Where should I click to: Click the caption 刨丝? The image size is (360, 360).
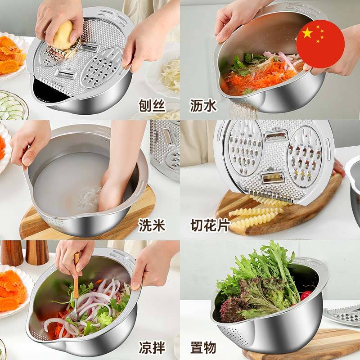tap(152, 106)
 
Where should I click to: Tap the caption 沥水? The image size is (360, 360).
tap(203, 106)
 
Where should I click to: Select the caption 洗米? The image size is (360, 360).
tap(152, 225)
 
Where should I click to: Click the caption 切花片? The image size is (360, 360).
tap(210, 225)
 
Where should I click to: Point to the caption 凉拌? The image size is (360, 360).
tap(152, 347)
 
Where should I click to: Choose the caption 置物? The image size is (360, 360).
tap(203, 347)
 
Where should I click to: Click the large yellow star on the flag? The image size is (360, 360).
tap(307, 33)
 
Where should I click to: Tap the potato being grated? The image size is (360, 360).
tap(63, 35)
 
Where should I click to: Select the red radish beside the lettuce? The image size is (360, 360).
tap(306, 295)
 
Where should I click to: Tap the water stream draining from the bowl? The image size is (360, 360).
tap(243, 111)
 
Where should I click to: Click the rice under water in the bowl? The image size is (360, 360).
tap(90, 198)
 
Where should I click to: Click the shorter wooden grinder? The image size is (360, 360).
tap(37, 252)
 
